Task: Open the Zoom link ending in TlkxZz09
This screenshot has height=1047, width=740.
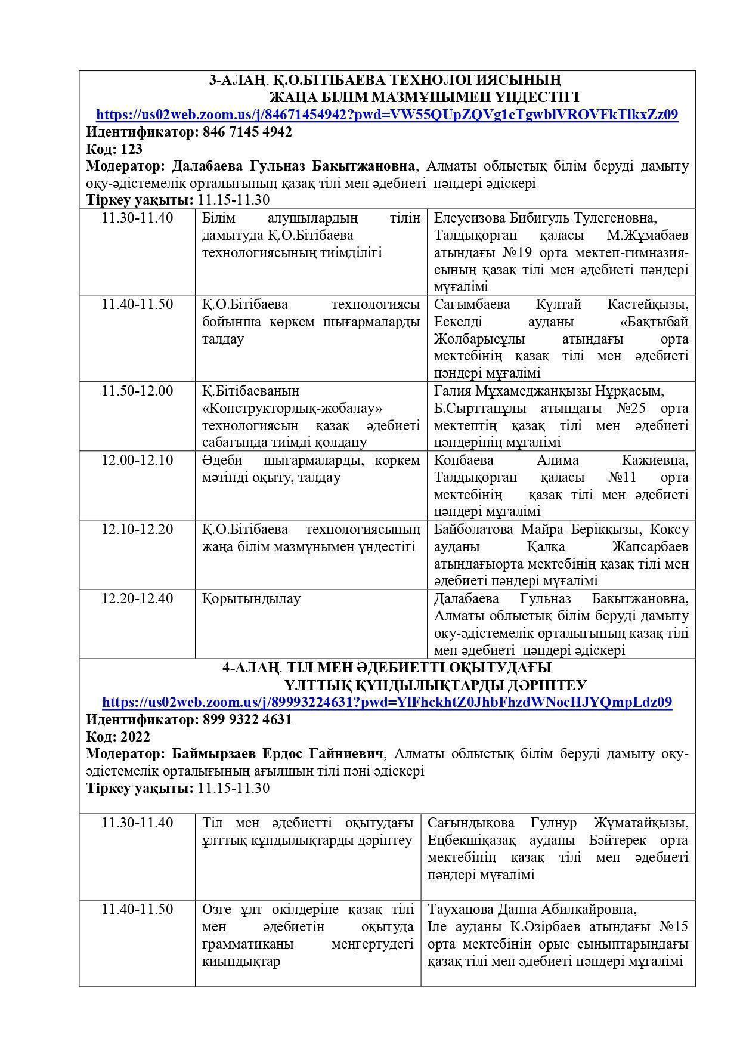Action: tap(387, 115)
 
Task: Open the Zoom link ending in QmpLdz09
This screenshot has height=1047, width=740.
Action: tap(387, 702)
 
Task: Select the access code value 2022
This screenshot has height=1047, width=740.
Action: tap(135, 737)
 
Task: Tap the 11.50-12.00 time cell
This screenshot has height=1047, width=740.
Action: tap(137, 391)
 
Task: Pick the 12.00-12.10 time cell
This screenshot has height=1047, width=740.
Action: tap(137, 460)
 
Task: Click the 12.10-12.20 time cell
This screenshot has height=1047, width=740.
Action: tap(137, 529)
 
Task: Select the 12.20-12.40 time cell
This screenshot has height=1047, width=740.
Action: tap(137, 598)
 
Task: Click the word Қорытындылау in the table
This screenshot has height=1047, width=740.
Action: tap(251, 598)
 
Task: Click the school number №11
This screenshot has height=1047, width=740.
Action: tap(622, 478)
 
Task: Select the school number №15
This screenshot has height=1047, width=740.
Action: tap(673, 927)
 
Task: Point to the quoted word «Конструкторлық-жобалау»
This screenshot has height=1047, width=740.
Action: tap(292, 409)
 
